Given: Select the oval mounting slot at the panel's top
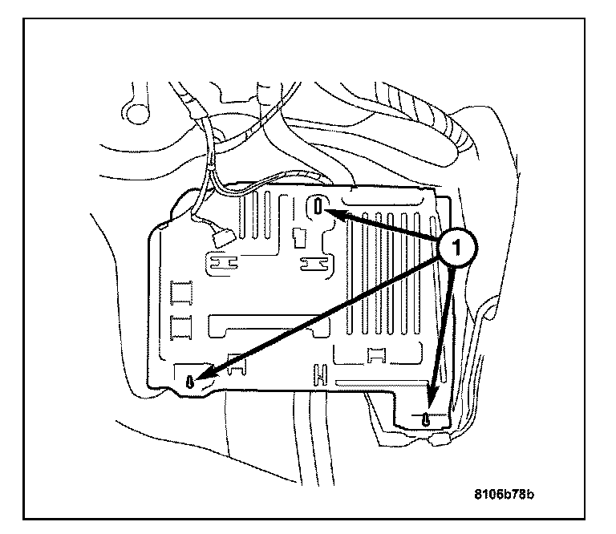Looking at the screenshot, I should tap(319, 207).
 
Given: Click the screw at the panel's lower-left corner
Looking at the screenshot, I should tap(190, 382).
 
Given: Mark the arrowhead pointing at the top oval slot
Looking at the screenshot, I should tap(337, 214).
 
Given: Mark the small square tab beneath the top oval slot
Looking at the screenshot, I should tap(298, 236).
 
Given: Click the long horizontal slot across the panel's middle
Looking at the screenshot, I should tap(265, 327).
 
